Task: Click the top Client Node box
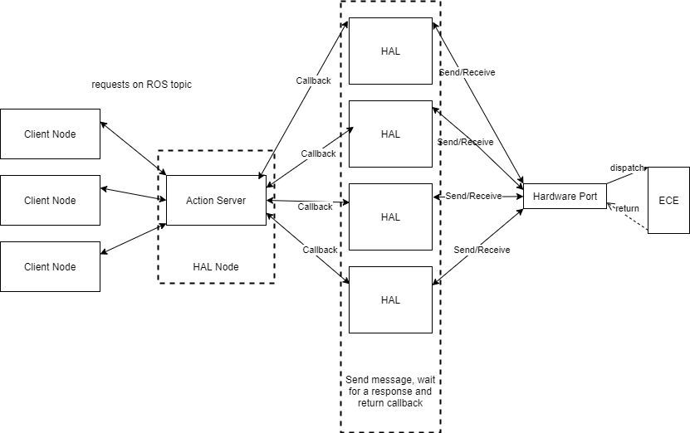(x=50, y=134)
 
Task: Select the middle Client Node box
(x=50, y=200)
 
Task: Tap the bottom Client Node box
(x=50, y=266)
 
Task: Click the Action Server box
(x=216, y=200)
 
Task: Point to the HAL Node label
(x=216, y=266)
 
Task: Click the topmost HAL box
(x=390, y=51)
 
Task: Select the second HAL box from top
(x=390, y=134)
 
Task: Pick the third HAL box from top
(x=390, y=216)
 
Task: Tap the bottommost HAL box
(x=390, y=299)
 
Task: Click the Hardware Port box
(x=565, y=196)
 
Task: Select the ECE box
(x=668, y=200)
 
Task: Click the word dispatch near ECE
(x=627, y=168)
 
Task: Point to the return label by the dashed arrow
(x=627, y=208)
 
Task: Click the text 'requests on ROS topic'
(x=141, y=85)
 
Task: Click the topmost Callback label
(x=313, y=80)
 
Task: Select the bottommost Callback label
(x=320, y=250)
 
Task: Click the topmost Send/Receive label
(x=467, y=72)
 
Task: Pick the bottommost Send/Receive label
(x=482, y=250)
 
